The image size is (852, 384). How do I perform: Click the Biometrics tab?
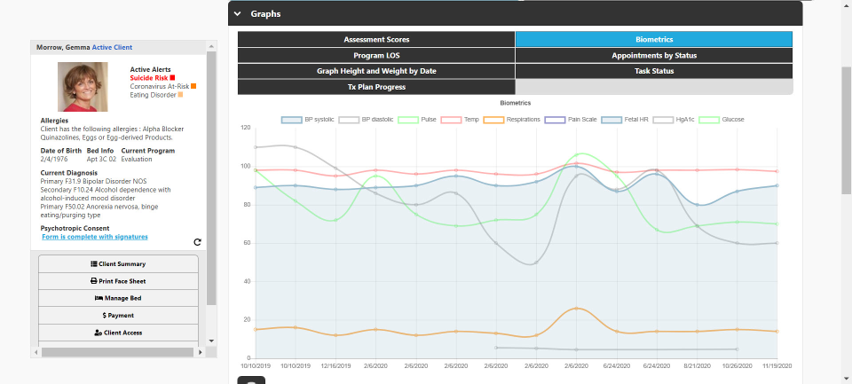pyautogui.click(x=654, y=39)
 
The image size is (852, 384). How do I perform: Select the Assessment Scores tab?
pyautogui.click(x=376, y=39)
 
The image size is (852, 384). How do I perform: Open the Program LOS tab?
pyautogui.click(x=376, y=55)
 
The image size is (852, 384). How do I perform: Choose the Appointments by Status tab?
pyautogui.click(x=654, y=55)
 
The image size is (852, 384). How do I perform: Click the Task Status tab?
pyautogui.click(x=654, y=71)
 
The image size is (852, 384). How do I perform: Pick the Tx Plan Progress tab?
pyautogui.click(x=376, y=87)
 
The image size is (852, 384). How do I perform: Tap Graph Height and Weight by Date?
pyautogui.click(x=376, y=71)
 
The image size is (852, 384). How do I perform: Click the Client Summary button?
pyautogui.click(x=118, y=264)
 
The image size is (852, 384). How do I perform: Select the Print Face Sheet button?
pyautogui.click(x=118, y=281)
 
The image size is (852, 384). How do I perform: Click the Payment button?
pyautogui.click(x=118, y=315)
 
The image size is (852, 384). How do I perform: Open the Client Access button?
pyautogui.click(x=118, y=333)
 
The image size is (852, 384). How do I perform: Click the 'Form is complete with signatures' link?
pyautogui.click(x=95, y=237)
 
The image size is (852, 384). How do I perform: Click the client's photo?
pyautogui.click(x=83, y=87)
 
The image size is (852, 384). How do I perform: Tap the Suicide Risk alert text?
pyautogui.click(x=148, y=78)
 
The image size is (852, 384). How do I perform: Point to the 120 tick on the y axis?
pyautogui.click(x=245, y=128)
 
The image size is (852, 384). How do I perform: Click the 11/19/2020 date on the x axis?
pyautogui.click(x=777, y=364)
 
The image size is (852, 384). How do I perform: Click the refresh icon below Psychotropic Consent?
pyautogui.click(x=197, y=242)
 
